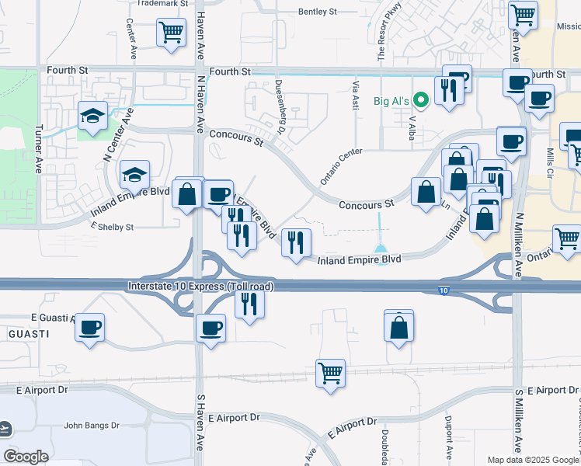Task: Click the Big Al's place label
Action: pyautogui.click(x=392, y=100)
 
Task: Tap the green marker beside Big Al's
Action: pyautogui.click(x=421, y=99)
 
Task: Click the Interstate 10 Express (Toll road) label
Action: pyautogui.click(x=201, y=287)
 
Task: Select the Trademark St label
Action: pyautogui.click(x=162, y=4)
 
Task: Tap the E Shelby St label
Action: pyautogui.click(x=113, y=228)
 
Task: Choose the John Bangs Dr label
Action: pyautogui.click(x=92, y=425)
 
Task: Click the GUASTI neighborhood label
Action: pyautogui.click(x=29, y=333)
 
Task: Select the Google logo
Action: pyautogui.click(x=26, y=456)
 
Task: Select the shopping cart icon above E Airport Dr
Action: pyautogui.click(x=330, y=372)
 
